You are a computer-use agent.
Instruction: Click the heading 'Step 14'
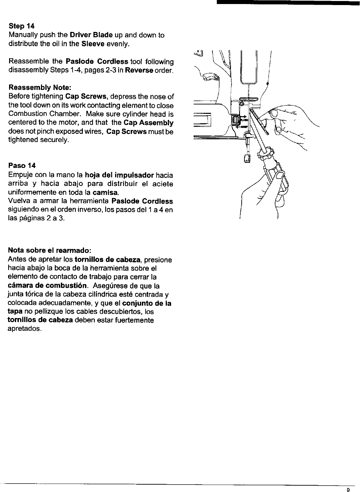click(x=22, y=26)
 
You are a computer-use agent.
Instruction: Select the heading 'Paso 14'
click(x=22, y=166)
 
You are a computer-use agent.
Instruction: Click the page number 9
click(x=349, y=489)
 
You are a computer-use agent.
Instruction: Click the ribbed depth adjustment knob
click(x=234, y=120)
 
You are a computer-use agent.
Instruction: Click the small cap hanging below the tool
click(x=247, y=159)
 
